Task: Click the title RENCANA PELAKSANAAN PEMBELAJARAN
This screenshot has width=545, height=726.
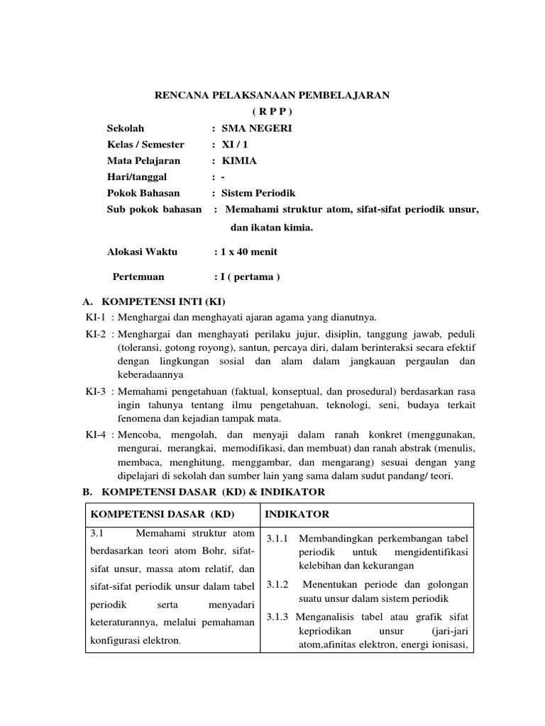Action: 272,94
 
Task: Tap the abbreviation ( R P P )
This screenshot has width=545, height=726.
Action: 272,111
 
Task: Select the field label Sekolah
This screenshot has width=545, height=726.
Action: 126,128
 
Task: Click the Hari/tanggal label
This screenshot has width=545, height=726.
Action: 136,177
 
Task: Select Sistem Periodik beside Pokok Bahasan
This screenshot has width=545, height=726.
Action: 258,193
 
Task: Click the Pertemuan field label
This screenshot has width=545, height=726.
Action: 139,277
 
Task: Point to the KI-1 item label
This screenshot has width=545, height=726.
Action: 95,317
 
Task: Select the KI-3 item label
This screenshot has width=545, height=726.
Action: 95,391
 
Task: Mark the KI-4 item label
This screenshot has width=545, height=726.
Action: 95,434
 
